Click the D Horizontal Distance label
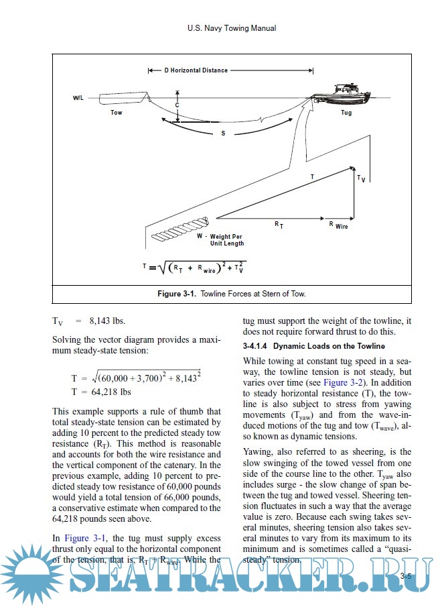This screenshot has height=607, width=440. (196, 70)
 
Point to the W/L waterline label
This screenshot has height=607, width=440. (78, 98)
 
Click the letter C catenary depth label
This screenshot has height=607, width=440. (177, 105)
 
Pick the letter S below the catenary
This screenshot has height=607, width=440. (223, 133)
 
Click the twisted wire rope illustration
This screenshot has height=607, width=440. (180, 230)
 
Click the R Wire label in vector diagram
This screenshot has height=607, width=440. (338, 227)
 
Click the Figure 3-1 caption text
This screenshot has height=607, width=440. (231, 294)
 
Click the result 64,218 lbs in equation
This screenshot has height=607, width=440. (111, 392)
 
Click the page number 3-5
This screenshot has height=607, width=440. (406, 576)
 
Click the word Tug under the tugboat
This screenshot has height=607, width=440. (346, 113)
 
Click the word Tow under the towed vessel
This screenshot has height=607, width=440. (117, 113)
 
